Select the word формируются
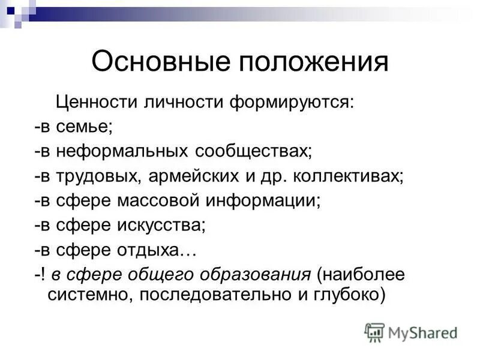coord(284,103)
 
